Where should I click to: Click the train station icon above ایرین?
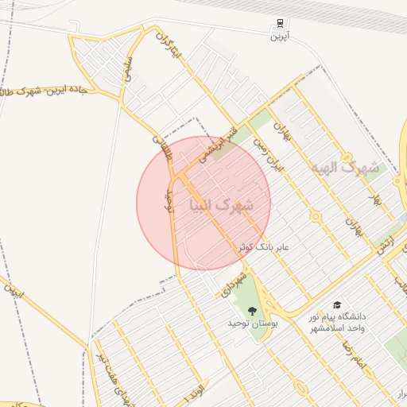(x=280, y=24)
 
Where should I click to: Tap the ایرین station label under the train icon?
(x=280, y=37)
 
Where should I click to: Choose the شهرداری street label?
(x=225, y=285)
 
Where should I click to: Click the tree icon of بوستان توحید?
(x=253, y=310)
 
